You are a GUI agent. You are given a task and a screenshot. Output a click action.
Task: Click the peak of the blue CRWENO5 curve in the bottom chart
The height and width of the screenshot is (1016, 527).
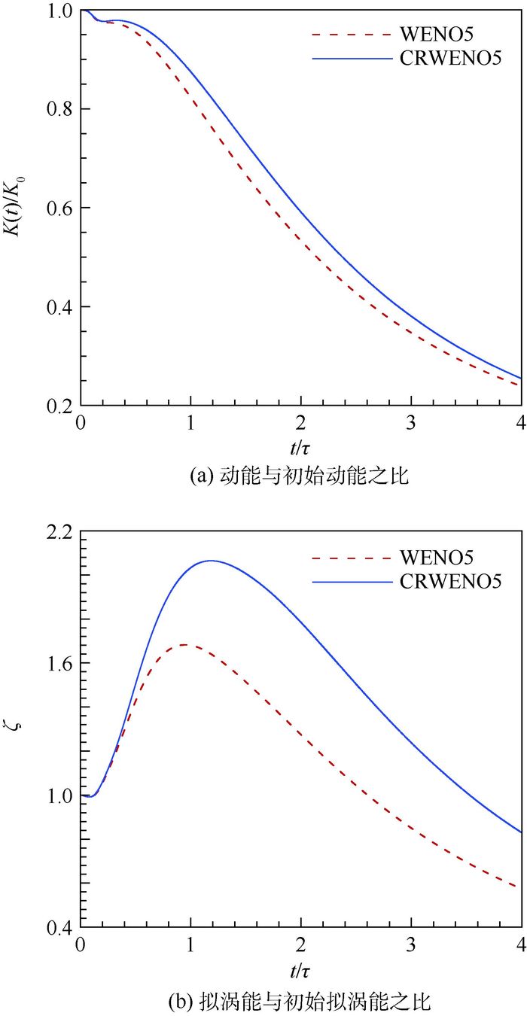[x=212, y=561]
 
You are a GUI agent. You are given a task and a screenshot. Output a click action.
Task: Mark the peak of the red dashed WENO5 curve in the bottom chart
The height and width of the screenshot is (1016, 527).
[x=183, y=645]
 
